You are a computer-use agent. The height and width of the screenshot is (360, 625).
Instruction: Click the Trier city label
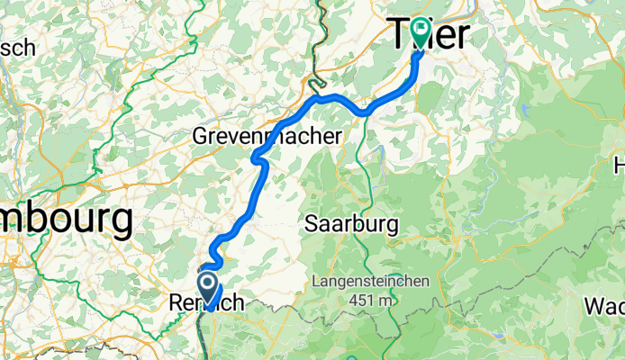pyautogui.click(x=431, y=36)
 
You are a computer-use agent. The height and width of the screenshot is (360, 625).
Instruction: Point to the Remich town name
pyautogui.click(x=206, y=305)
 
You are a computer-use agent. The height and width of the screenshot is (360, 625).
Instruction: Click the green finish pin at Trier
pyautogui.click(x=421, y=31)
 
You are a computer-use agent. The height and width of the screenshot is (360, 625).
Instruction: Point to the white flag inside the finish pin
pyautogui.click(x=421, y=28)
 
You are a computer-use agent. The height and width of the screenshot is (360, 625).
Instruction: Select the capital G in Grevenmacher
pyautogui.click(x=202, y=137)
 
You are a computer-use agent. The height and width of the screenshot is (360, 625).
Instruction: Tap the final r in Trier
pyautogui.click(x=461, y=36)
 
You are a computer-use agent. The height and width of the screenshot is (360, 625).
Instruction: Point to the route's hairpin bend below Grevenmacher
pyautogui.click(x=256, y=159)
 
